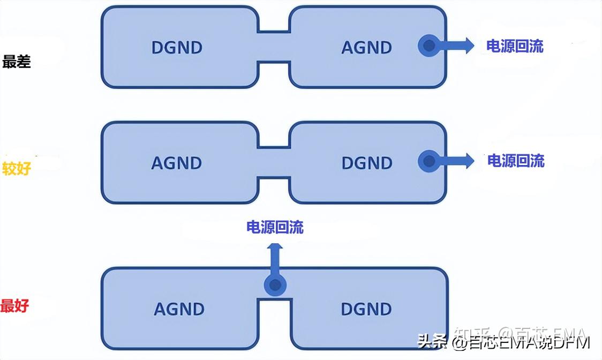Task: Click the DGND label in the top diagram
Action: click(x=177, y=48)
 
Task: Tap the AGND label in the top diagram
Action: click(x=366, y=48)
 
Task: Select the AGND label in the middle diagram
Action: click(x=177, y=163)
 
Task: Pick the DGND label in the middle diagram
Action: click(x=367, y=163)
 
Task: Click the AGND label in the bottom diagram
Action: click(x=179, y=309)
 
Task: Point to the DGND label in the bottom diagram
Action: click(x=366, y=309)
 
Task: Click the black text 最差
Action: click(x=17, y=62)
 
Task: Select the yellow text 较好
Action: click(x=17, y=169)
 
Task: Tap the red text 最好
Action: click(x=14, y=306)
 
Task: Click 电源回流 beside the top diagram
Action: click(x=515, y=46)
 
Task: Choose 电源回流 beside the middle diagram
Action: click(x=516, y=161)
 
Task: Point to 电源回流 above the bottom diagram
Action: click(x=275, y=227)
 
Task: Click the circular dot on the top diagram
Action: click(x=428, y=46)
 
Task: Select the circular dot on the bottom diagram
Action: click(x=275, y=285)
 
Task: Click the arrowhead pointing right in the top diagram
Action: click(x=469, y=46)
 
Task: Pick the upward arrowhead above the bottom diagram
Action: click(x=275, y=248)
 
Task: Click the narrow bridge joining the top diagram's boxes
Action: click(x=274, y=47)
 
